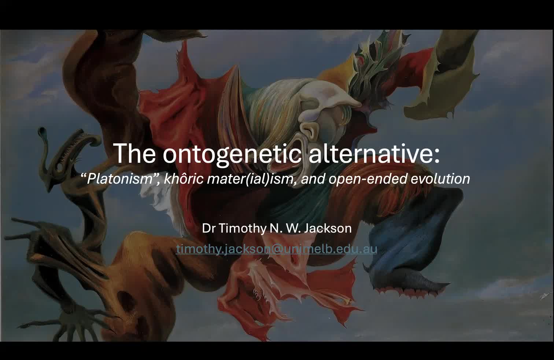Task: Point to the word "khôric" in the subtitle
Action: tap(183, 179)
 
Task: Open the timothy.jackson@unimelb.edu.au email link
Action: tap(277, 249)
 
